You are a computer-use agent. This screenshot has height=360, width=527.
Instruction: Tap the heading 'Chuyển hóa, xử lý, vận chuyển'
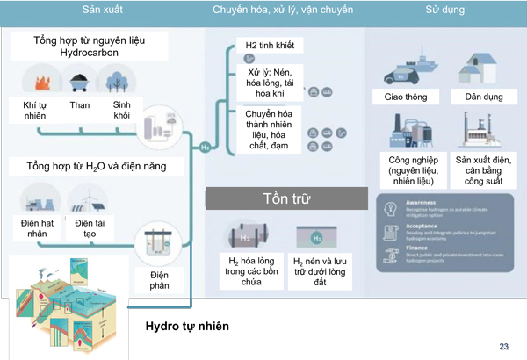pyautogui.click(x=282, y=11)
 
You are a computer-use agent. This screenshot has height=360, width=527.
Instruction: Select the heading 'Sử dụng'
pyautogui.click(x=444, y=11)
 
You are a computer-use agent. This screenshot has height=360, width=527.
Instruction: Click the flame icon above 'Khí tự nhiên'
pyautogui.click(x=39, y=82)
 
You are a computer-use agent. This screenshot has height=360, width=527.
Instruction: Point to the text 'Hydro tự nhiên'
pyautogui.click(x=187, y=327)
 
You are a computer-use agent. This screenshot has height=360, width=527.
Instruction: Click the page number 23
pyautogui.click(x=503, y=346)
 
